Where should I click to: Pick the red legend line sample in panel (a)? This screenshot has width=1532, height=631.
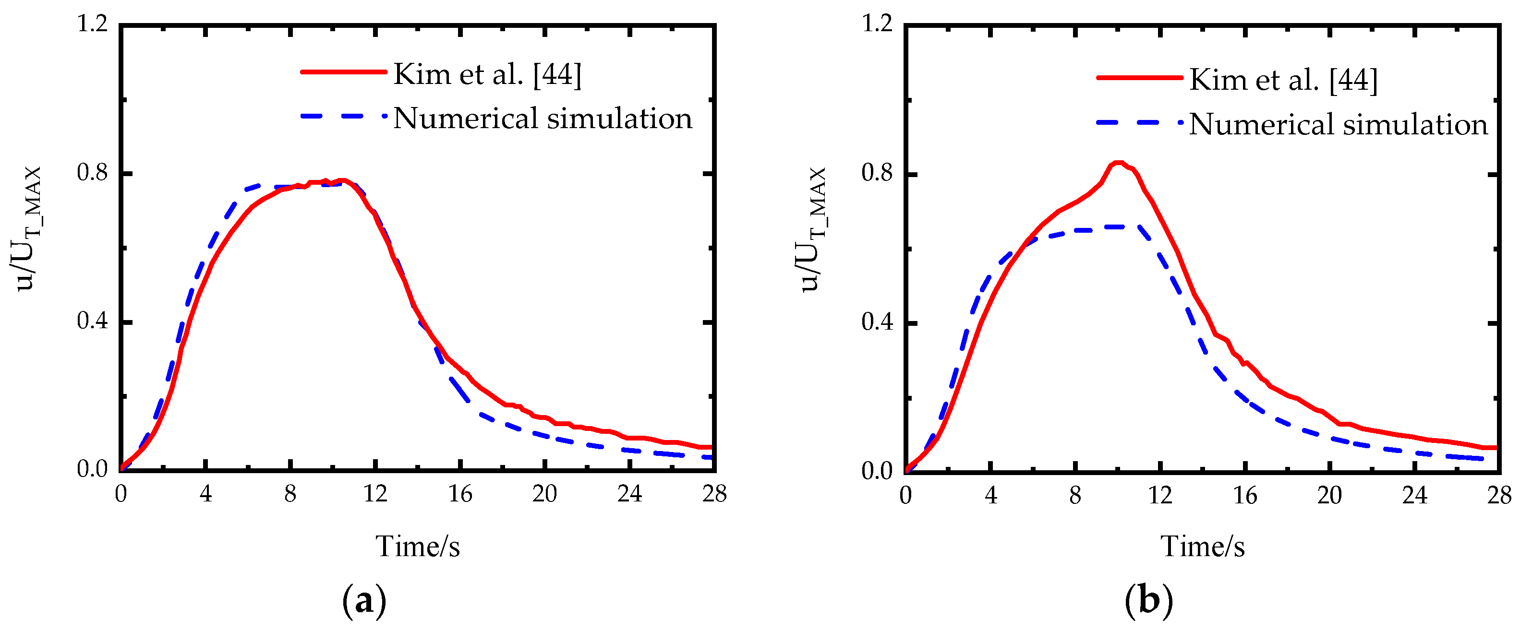344,72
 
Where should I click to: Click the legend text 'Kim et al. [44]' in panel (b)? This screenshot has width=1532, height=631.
1283,80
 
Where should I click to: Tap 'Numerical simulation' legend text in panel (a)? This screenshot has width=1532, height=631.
543,118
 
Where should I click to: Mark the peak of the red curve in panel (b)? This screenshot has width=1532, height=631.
1119,163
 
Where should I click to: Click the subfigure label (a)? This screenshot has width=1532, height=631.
364,601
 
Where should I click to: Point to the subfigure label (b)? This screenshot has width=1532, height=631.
1149,601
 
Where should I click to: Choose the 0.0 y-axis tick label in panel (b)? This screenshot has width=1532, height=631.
877,472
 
